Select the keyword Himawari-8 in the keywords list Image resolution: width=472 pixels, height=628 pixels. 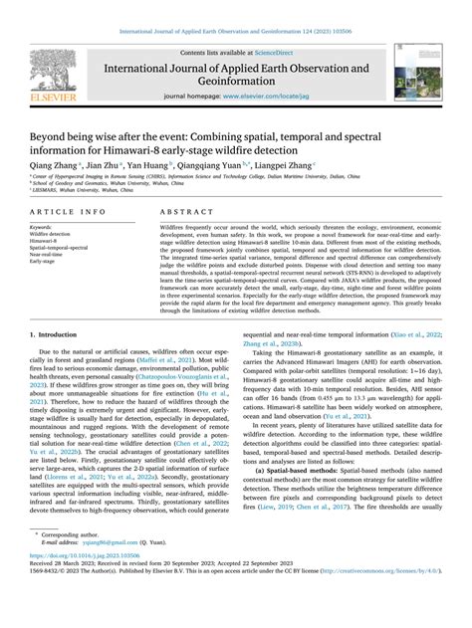point(49,240)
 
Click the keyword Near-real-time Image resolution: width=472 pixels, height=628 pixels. point(51,254)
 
